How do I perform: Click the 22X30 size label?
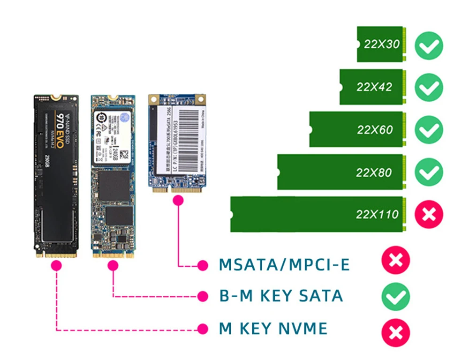[x=382, y=45]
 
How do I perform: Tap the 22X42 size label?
[x=374, y=87]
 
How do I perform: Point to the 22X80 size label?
[x=373, y=172]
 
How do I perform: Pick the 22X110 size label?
[x=377, y=215]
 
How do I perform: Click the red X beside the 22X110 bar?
[x=429, y=215]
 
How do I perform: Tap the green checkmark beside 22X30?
[x=429, y=45]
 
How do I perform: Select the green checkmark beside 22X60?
[x=429, y=130]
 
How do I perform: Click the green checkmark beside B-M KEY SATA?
[x=395, y=296]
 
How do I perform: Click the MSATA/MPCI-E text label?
[x=284, y=265]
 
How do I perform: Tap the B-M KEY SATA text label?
[x=281, y=296]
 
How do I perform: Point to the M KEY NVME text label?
[x=273, y=329]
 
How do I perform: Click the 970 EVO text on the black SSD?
[x=61, y=126]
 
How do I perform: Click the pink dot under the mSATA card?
[x=177, y=201]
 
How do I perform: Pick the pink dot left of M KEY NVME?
[x=203, y=329]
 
